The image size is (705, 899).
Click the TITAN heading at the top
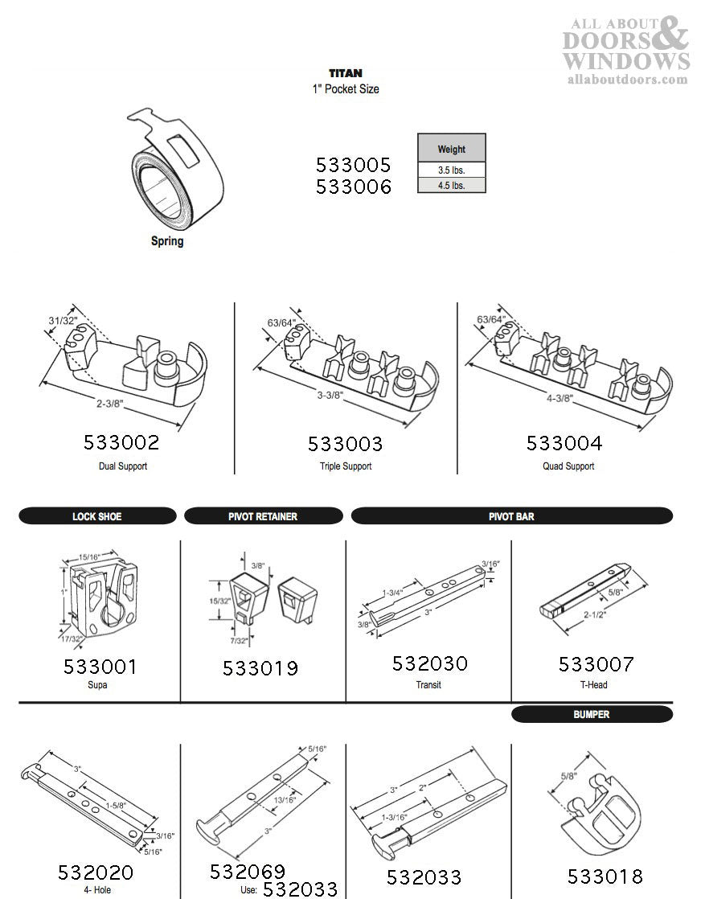345,73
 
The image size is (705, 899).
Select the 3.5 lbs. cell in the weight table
451,170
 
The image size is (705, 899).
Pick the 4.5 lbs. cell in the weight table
451,185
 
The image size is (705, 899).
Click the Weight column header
451,149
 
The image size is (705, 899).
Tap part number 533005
353,165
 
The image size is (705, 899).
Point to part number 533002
121,442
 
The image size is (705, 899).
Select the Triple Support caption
345,466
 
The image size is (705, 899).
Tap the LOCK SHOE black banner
97,516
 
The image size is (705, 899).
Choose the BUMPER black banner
591,714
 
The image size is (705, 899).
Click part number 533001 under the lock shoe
100,667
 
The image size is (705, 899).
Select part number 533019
260,668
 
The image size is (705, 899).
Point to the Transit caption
428,685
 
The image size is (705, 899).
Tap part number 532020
96,873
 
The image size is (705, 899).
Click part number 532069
248,872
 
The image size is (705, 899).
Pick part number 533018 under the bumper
605,876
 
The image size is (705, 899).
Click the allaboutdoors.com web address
627,79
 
